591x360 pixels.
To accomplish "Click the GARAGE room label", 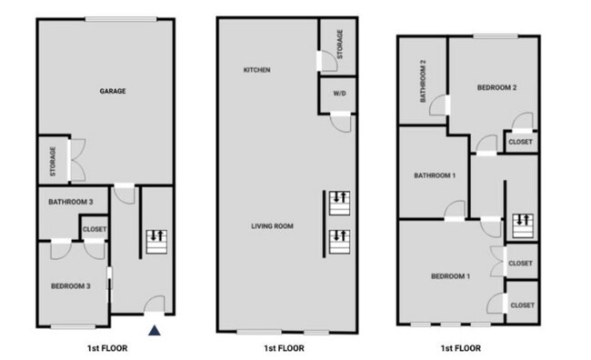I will tap(113, 91).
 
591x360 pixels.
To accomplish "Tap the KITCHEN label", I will tap(256, 70).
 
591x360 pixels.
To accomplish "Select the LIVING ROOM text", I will tap(272, 225).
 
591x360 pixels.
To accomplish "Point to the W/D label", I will tap(339, 93).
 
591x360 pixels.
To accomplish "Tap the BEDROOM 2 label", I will tap(497, 88).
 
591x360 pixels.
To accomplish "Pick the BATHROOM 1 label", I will tap(435, 175).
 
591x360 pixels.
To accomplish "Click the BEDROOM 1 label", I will tap(450, 275).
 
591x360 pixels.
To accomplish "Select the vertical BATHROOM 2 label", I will tap(424, 82).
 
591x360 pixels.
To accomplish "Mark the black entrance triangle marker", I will tap(155, 332).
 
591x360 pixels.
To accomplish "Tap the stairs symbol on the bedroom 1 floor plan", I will tap(522, 220).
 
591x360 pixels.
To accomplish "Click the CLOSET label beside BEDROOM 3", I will tap(95, 230).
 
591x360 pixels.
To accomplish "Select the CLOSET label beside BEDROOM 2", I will tap(521, 142).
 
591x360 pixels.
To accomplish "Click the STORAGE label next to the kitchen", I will tap(340, 44).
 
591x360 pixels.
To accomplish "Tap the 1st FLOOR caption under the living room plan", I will tap(284, 348).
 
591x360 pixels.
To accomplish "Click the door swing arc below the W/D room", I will tap(341, 122).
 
